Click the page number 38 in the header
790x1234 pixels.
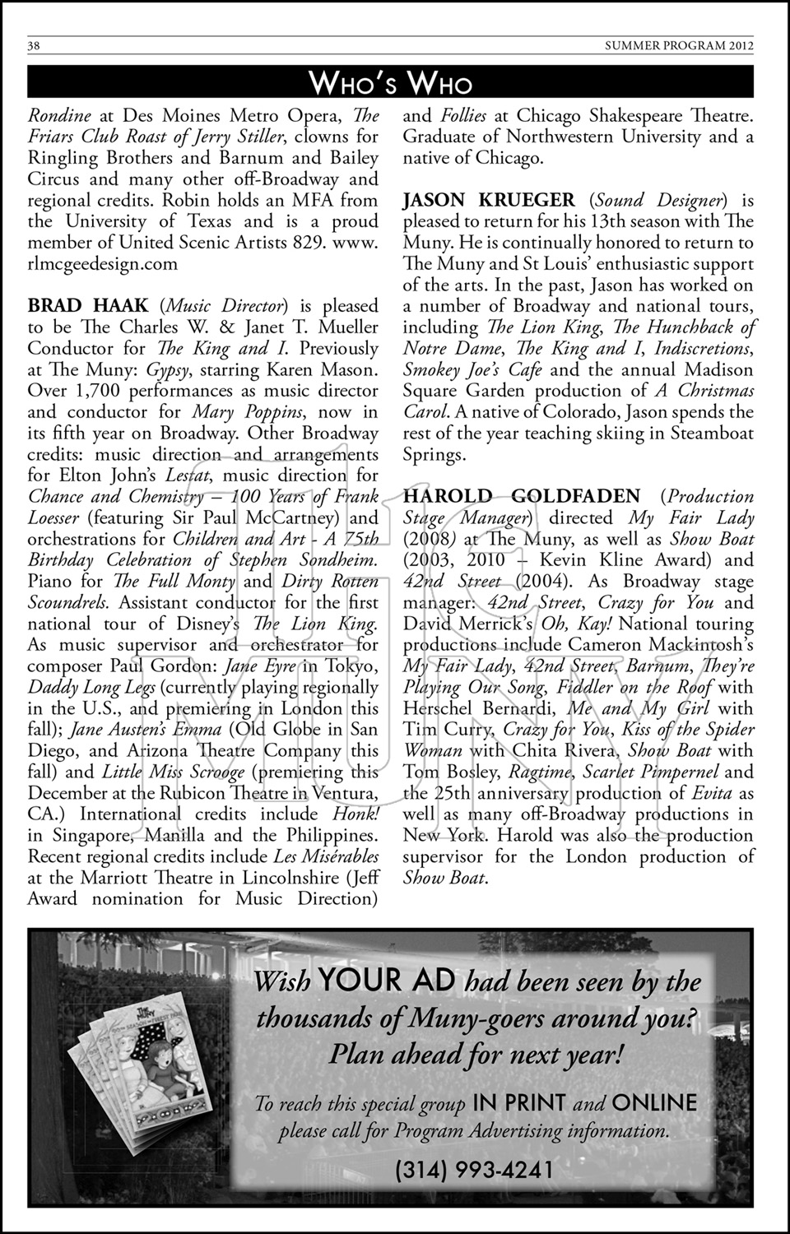[x=35, y=46]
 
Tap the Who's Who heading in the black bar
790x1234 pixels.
[x=391, y=83]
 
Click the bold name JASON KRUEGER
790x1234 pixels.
[x=489, y=200]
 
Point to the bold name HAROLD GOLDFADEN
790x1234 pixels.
[x=521, y=496]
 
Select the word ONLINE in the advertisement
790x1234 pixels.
[x=654, y=1102]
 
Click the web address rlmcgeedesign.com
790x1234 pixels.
[x=103, y=263]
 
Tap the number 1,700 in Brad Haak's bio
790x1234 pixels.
[x=93, y=391]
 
